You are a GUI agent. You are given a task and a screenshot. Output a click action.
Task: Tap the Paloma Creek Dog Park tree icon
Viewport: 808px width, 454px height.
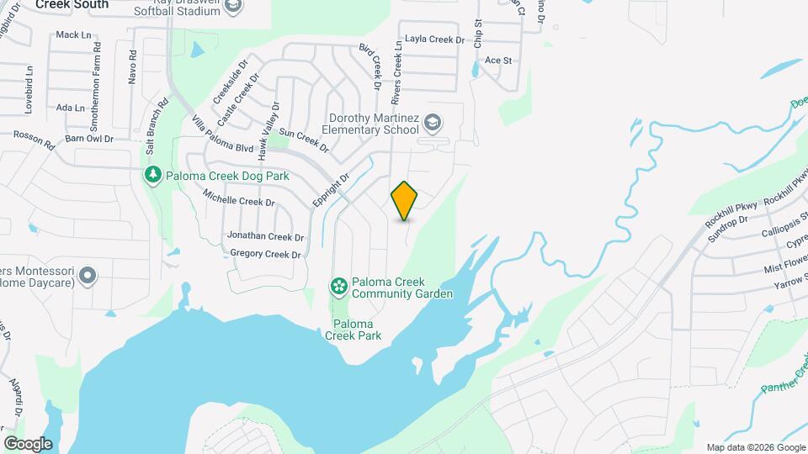tap(152, 176)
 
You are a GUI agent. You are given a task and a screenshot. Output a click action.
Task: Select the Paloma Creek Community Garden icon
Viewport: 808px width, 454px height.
tap(338, 288)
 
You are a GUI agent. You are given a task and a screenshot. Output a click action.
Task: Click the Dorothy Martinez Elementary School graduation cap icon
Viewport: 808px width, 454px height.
tap(433, 124)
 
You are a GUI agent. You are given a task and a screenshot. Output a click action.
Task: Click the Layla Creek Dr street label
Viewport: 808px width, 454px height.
tap(434, 40)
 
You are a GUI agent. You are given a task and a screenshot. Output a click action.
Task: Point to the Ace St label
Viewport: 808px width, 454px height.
tap(498, 61)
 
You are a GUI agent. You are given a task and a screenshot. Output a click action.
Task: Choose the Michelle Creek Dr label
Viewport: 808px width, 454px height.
tap(239, 198)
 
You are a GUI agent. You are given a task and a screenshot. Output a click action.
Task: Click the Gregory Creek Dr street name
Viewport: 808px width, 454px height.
tap(265, 254)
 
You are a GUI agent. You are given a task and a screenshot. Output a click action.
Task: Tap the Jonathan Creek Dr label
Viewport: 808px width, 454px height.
tap(265, 236)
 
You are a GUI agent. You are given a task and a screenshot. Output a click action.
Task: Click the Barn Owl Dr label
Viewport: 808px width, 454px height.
tap(89, 138)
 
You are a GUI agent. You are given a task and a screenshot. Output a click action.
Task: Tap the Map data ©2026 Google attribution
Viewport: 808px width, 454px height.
tap(756, 447)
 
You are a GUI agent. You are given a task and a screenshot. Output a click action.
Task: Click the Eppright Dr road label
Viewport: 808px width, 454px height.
tap(330, 193)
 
